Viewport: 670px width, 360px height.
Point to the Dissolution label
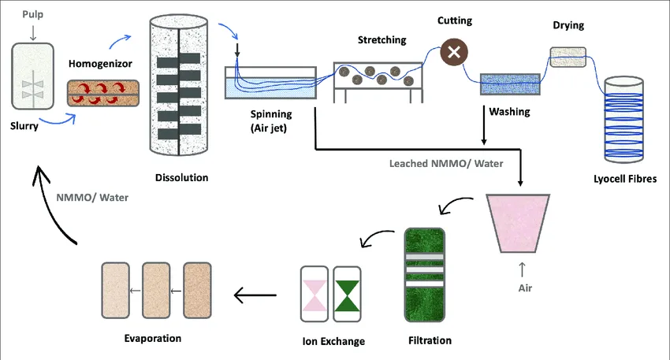point(182,178)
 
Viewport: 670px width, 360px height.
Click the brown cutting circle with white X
point(454,53)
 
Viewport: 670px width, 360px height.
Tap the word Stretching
point(382,40)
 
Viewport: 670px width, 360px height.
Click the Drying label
point(568,25)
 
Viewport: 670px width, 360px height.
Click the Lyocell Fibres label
point(624,179)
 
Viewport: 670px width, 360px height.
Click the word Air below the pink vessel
point(524,288)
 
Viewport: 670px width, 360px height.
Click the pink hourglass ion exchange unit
point(315,294)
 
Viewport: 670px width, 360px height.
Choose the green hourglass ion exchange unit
point(346,294)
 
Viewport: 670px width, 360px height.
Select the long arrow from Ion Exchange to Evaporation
point(256,295)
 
